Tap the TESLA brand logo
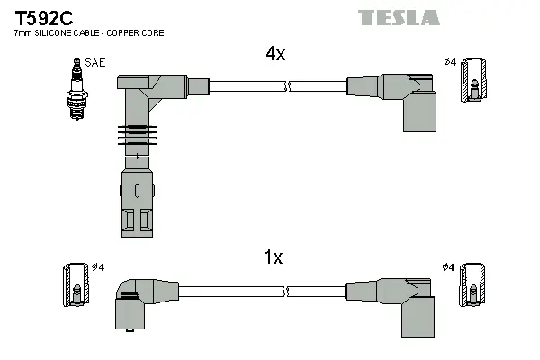coord(399,17)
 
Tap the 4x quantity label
coord(274,54)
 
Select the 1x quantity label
coord(273,257)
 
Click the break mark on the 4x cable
coord(287,86)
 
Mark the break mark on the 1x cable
coord(287,291)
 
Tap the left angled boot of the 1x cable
coord(135,301)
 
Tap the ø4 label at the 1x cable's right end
coord(448,267)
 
